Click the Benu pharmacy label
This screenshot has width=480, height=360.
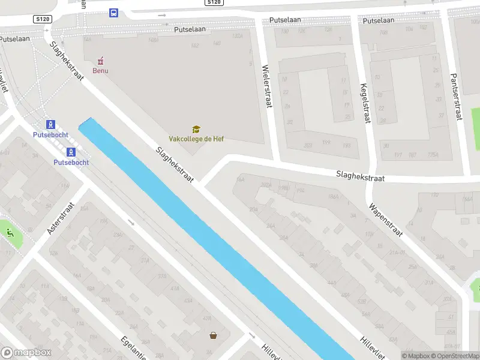point(100,71)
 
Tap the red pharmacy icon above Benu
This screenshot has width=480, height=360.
point(101,61)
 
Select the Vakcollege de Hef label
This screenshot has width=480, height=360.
point(196,139)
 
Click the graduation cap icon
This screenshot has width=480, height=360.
point(196,129)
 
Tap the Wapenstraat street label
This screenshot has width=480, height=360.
point(386,220)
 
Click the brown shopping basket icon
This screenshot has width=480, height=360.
point(213,335)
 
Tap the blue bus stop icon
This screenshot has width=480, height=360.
point(113,13)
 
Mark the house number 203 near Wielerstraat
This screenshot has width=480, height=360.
point(308,145)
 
